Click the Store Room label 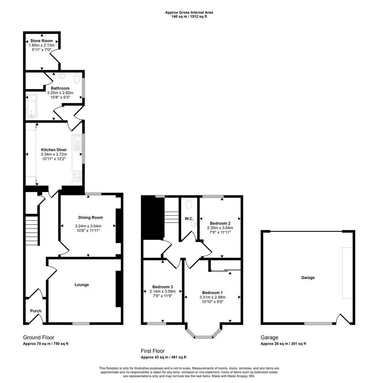pyautogui.click(x=41, y=41)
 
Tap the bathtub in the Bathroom pyautogui.click(x=32, y=106)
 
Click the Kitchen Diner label pyautogui.click(x=54, y=150)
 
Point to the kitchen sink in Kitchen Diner pyautogui.click(x=77, y=143)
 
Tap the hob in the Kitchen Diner pyautogui.click(x=77, y=176)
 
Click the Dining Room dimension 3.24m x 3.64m pyautogui.click(x=88, y=226)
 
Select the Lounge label pyautogui.click(x=82, y=284)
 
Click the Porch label pyautogui.click(x=36, y=311)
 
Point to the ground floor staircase pyautogui.click(x=32, y=230)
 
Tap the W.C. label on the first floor pyautogui.click(x=189, y=218)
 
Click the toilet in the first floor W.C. pyautogui.click(x=189, y=203)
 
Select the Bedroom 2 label pyautogui.click(x=220, y=223)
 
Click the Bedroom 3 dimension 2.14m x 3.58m pyautogui.click(x=163, y=292)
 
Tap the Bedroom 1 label pyautogui.click(x=212, y=293)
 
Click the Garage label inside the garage pyautogui.click(x=308, y=277)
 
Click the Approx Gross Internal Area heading pyautogui.click(x=189, y=12)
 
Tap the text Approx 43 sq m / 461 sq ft pyautogui.click(x=163, y=357)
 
